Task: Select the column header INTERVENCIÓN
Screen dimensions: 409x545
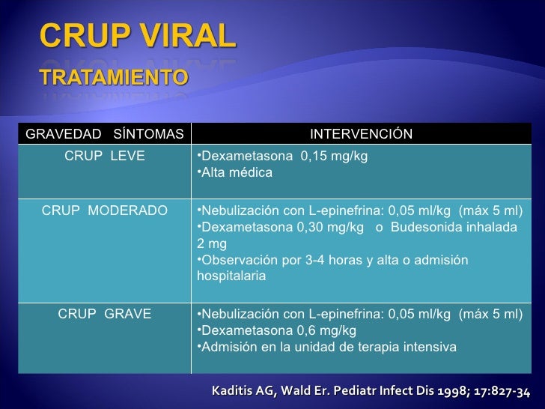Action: [361, 134]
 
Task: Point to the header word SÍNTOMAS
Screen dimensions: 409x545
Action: [148, 134]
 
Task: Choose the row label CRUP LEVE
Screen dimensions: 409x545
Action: [105, 157]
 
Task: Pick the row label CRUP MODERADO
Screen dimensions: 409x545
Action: [105, 210]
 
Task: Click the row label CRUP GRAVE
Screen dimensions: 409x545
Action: [105, 314]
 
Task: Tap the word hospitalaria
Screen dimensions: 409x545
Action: [231, 276]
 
